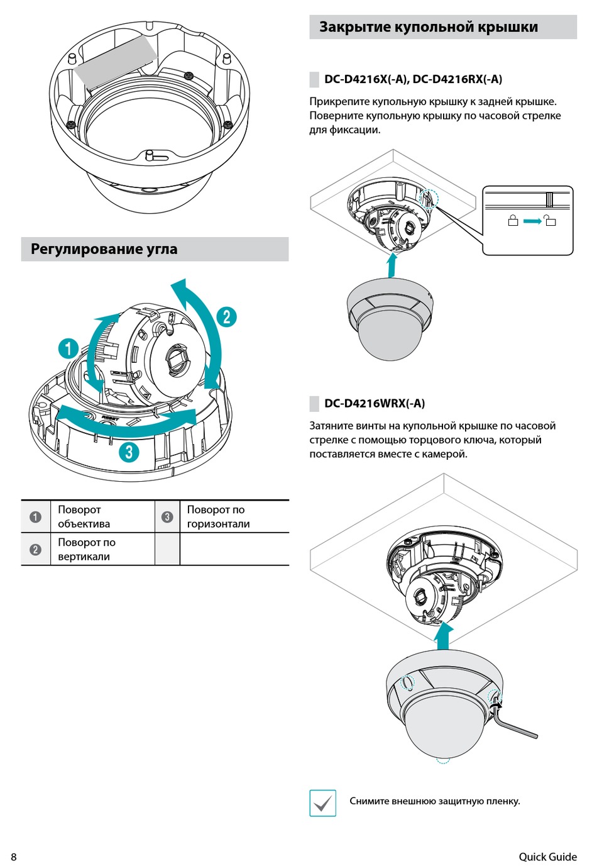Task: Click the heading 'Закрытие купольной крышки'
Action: pyautogui.click(x=428, y=27)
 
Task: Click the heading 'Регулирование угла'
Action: pyautogui.click(x=104, y=249)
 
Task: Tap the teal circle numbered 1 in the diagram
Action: pyautogui.click(x=68, y=348)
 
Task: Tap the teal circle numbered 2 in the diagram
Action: pyautogui.click(x=226, y=316)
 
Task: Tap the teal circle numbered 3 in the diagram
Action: pyautogui.click(x=129, y=451)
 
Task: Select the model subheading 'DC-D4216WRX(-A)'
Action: pyautogui.click(x=375, y=403)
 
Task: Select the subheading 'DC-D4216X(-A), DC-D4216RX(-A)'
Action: pyautogui.click(x=413, y=79)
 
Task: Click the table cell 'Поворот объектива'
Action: pyautogui.click(x=84, y=516)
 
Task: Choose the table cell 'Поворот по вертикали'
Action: pyautogui.click(x=87, y=549)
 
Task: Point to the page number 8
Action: pyautogui.click(x=14, y=857)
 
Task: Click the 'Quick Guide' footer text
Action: pyautogui.click(x=547, y=857)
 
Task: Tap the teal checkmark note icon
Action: pyautogui.click(x=323, y=803)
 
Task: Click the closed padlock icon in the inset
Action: pyautogui.click(x=513, y=221)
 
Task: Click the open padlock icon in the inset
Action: pyautogui.click(x=550, y=220)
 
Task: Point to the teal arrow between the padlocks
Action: pyautogui.click(x=532, y=221)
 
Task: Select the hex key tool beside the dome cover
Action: pyautogui.click(x=515, y=721)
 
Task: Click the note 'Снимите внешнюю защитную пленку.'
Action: pyautogui.click(x=435, y=801)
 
